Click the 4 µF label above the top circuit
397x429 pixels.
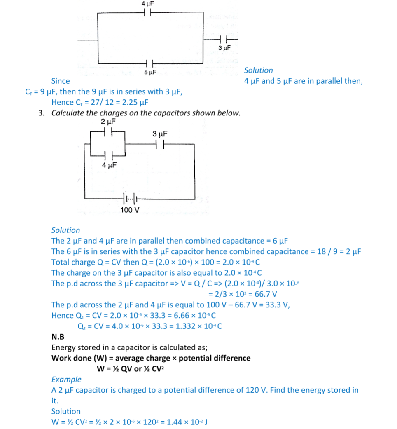[x=148, y=3]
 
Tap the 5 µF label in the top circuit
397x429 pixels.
[x=150, y=72]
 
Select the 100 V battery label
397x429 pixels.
[x=130, y=210]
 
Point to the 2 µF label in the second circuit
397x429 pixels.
[x=108, y=122]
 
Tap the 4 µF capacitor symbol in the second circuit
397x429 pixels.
[x=108, y=156]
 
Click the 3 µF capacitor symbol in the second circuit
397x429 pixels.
[x=159, y=144]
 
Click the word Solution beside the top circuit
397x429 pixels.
[x=258, y=70]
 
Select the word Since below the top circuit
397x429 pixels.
[x=60, y=81]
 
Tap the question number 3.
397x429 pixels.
[x=41, y=113]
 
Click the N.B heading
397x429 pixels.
[x=58, y=337]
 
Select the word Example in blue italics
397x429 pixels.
[x=66, y=379]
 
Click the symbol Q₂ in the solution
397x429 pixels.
[x=82, y=326]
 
